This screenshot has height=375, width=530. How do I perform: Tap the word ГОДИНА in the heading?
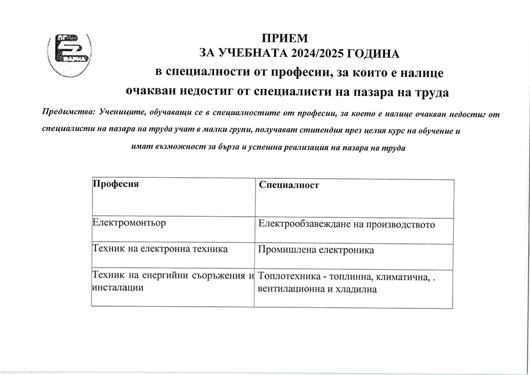coord(373,54)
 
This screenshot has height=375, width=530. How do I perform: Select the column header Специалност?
coord(289,185)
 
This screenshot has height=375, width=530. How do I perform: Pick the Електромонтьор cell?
coord(129,223)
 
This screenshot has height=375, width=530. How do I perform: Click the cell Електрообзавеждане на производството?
coord(347,224)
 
